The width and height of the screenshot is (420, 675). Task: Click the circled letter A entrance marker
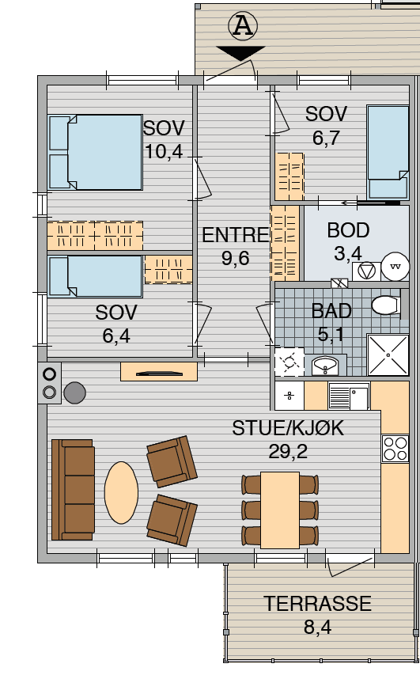pos(243,26)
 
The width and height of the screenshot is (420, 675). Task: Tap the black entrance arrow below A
pos(240,53)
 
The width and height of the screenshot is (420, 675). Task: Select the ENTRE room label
pos(236,235)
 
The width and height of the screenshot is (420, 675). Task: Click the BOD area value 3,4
pos(348,253)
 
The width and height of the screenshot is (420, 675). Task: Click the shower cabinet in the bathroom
pos(388,355)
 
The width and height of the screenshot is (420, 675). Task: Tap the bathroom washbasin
pos(326,366)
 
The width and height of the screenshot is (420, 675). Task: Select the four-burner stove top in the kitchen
pos(395,449)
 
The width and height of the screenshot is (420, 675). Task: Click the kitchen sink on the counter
pos(349,396)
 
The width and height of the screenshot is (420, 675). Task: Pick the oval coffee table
pos(121,492)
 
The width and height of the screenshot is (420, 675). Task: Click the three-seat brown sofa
pos(73,490)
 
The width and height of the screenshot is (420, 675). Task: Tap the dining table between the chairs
pos(280,510)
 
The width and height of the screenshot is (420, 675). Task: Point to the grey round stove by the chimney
pos(75,392)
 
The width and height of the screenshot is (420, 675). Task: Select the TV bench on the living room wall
pos(159,372)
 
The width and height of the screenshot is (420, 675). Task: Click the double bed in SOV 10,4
pos(95,152)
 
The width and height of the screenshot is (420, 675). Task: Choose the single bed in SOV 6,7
pos(388,152)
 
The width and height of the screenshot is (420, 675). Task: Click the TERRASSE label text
pos(317,604)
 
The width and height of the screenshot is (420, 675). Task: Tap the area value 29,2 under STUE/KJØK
pos(288,452)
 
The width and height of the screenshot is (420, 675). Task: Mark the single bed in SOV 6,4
pos(95,276)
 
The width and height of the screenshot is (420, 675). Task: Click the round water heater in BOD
pos(395,267)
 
